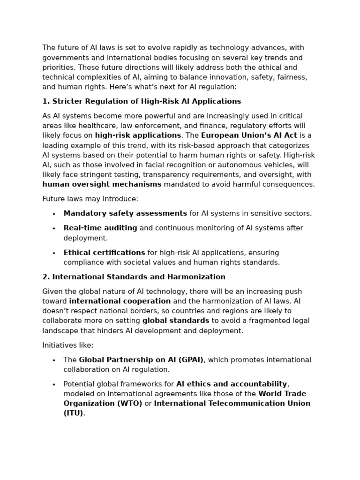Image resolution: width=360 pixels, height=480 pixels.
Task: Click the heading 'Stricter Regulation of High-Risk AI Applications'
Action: click(x=146, y=101)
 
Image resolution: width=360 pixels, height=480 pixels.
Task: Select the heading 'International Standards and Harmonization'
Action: click(x=138, y=277)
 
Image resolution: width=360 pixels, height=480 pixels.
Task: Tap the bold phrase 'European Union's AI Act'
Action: click(x=249, y=135)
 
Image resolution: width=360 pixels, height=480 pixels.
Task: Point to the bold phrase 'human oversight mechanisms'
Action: click(x=102, y=184)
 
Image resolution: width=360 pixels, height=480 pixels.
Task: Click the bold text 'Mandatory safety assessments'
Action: click(x=125, y=213)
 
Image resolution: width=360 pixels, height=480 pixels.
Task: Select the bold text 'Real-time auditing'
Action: click(x=100, y=228)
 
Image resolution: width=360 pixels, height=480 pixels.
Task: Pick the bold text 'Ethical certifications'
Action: click(x=104, y=253)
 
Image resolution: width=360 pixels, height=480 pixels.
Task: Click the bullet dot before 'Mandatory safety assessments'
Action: click(x=54, y=214)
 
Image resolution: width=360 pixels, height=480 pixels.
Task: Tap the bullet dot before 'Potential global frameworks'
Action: click(x=54, y=385)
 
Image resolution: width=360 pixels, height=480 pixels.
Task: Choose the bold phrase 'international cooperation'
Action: click(x=120, y=301)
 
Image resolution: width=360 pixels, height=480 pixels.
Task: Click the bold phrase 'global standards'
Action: click(x=176, y=321)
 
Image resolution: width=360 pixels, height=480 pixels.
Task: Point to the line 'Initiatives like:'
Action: click(x=68, y=345)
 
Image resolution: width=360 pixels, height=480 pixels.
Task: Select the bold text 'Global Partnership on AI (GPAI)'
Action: click(x=141, y=360)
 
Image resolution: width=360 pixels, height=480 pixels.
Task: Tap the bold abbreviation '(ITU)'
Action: click(x=73, y=413)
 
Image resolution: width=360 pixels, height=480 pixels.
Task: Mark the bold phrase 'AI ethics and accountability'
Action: click(x=232, y=384)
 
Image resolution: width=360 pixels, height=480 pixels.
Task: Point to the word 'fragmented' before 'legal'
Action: click(x=254, y=321)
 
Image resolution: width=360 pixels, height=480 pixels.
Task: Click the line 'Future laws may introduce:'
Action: click(x=90, y=199)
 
